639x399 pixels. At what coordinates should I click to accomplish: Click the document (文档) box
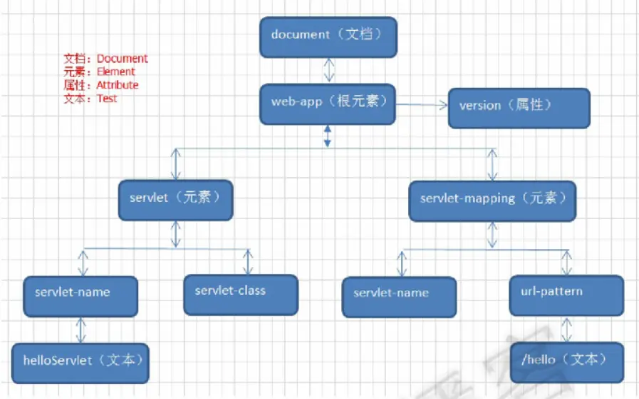coord(328,37)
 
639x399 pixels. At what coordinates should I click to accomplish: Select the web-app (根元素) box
coord(328,104)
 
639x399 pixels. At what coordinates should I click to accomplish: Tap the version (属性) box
coord(519,108)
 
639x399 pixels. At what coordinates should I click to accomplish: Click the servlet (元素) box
coord(176,200)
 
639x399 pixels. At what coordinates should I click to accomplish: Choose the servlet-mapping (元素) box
coord(492,201)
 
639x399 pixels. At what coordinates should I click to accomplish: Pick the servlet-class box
coord(241,295)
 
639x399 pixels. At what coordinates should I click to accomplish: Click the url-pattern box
coord(566,296)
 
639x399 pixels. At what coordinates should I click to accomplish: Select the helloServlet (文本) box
coord(80,363)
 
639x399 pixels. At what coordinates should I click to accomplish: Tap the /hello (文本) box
coord(567,363)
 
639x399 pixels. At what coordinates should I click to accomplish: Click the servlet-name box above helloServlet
coord(80,296)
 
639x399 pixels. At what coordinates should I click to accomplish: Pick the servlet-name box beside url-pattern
coord(399,297)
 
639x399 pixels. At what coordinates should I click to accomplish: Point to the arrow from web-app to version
coord(422,105)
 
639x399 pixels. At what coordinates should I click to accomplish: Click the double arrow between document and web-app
coord(329,70)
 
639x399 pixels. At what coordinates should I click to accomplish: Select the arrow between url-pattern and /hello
coord(566,329)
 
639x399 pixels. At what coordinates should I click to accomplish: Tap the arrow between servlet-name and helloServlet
coord(80,330)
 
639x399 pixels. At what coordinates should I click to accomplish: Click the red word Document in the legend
coord(123,59)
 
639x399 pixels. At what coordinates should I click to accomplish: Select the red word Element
coord(115,71)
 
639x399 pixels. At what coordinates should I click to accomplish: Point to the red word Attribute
coord(118,85)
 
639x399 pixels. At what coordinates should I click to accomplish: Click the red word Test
coord(107,99)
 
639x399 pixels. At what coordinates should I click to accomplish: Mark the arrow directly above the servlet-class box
coord(248,262)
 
